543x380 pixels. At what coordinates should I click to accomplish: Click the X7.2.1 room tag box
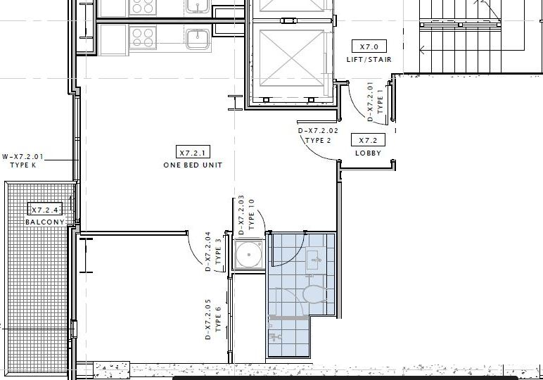[x=193, y=152]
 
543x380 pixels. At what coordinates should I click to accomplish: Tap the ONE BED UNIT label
[x=193, y=165]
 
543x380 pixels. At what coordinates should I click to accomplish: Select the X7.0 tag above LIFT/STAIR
[x=369, y=46]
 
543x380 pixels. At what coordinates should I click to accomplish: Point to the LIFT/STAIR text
[x=369, y=60]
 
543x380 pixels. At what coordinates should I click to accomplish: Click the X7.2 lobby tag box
[x=368, y=140]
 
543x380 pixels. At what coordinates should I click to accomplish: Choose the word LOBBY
[x=368, y=153]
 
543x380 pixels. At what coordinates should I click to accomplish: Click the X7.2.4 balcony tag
[x=45, y=209]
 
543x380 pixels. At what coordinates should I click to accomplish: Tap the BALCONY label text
[x=45, y=222]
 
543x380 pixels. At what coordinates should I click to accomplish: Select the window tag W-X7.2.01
[x=23, y=156]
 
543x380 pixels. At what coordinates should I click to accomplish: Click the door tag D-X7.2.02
[x=318, y=131]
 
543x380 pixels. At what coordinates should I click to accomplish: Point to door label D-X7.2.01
[x=370, y=101]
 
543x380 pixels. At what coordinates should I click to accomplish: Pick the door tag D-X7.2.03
[x=242, y=215]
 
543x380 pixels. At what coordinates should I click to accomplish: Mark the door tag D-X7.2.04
[x=208, y=251]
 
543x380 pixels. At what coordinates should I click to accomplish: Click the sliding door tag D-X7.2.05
[x=208, y=319]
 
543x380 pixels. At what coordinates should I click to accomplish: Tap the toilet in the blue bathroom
[x=314, y=294]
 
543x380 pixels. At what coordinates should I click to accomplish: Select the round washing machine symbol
[x=248, y=254]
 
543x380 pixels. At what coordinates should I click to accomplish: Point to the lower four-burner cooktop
[x=143, y=38]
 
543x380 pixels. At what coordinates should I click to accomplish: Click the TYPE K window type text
[x=23, y=165]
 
